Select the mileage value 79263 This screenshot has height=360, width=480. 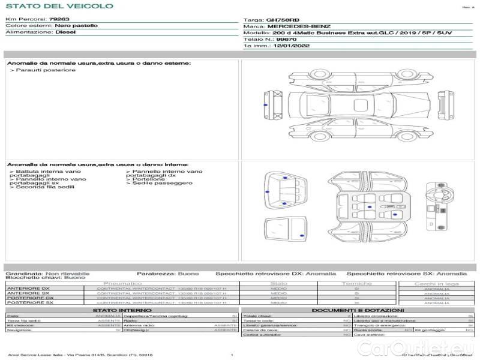pyautogui.click(x=59, y=20)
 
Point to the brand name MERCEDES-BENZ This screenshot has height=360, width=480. pyautogui.click(x=298, y=27)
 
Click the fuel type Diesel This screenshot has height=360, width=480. pyautogui.click(x=65, y=32)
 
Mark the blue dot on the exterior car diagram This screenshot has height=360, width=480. pyautogui.click(x=265, y=105)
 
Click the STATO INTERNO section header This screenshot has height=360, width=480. pyautogui.click(x=122, y=310)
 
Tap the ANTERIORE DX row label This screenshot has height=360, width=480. pyautogui.click(x=30, y=289)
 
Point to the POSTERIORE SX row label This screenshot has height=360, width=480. pyautogui.click(x=30, y=302)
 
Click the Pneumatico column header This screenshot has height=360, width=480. pyautogui.click(x=123, y=283)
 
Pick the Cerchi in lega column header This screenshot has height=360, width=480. pyautogui.click(x=436, y=283)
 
